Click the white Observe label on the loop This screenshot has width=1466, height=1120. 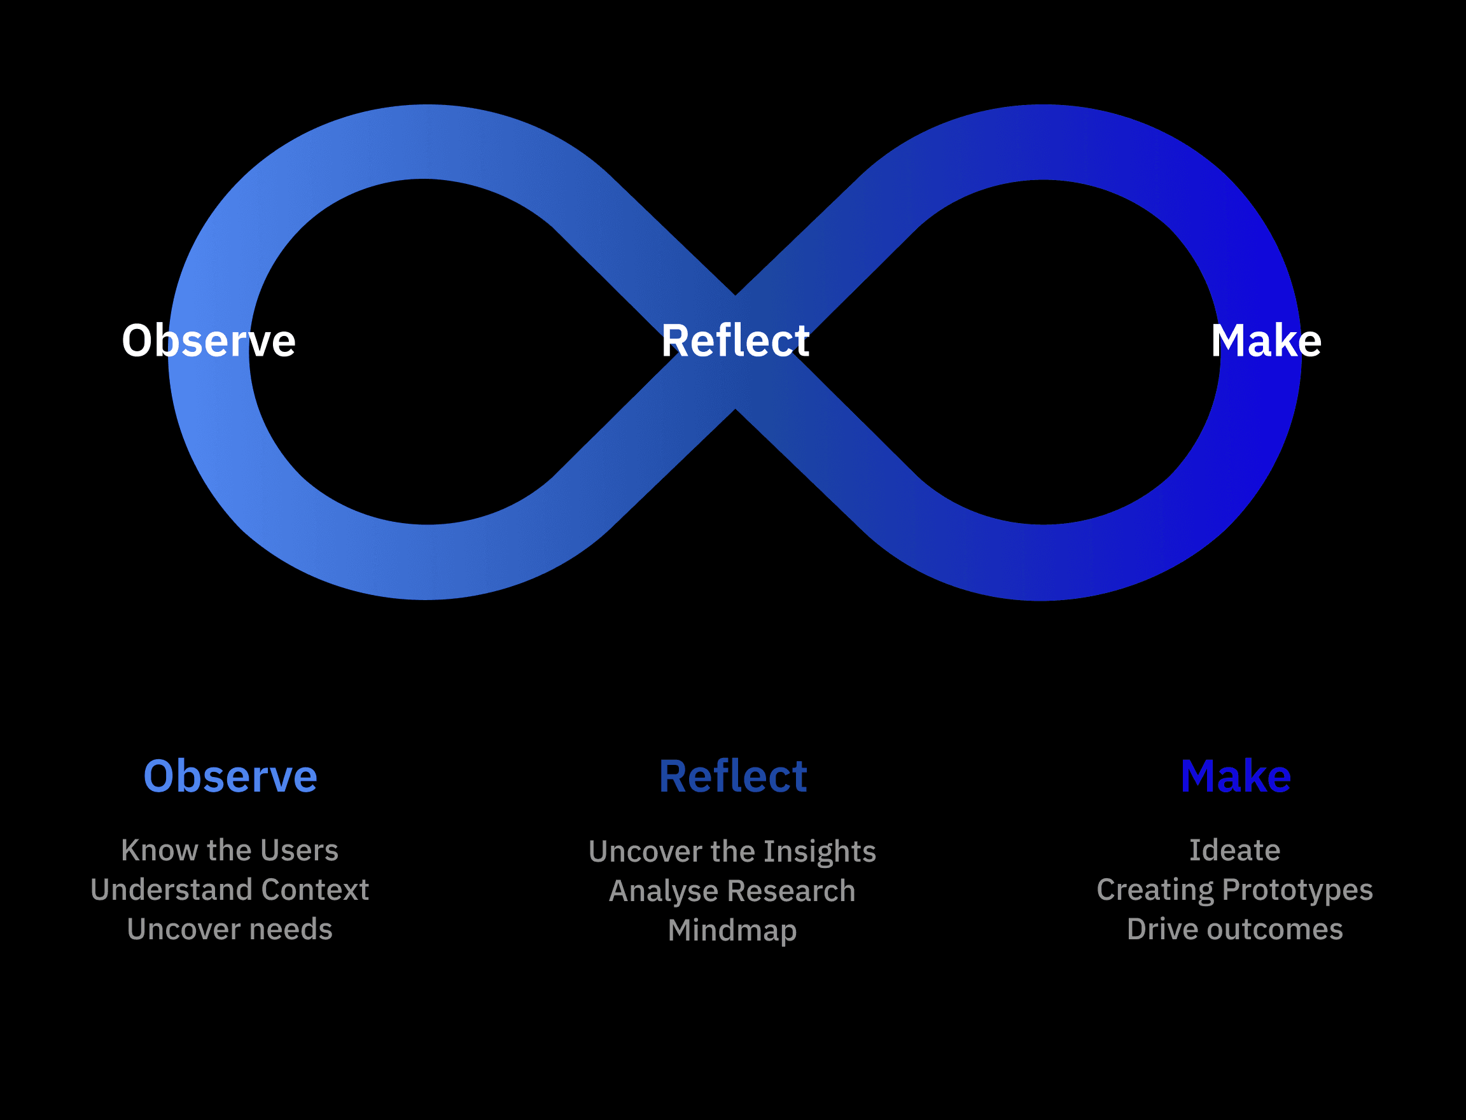209,340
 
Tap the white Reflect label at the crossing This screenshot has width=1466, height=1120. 736,340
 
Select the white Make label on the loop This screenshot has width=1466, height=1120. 1266,340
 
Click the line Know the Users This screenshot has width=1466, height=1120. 230,851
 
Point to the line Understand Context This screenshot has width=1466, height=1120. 230,890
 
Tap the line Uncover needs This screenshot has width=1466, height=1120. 230,929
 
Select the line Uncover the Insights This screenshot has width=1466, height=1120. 732,852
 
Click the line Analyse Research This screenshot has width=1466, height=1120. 732,892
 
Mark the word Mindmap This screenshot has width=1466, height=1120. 732,930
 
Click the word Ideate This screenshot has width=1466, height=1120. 1235,851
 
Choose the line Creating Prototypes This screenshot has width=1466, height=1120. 1235,890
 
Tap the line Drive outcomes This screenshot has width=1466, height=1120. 1235,929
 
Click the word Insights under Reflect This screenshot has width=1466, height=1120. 820,852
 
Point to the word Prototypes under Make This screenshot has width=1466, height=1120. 1298,890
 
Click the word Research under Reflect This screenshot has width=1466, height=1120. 792,892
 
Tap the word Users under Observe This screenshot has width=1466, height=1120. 299,851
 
